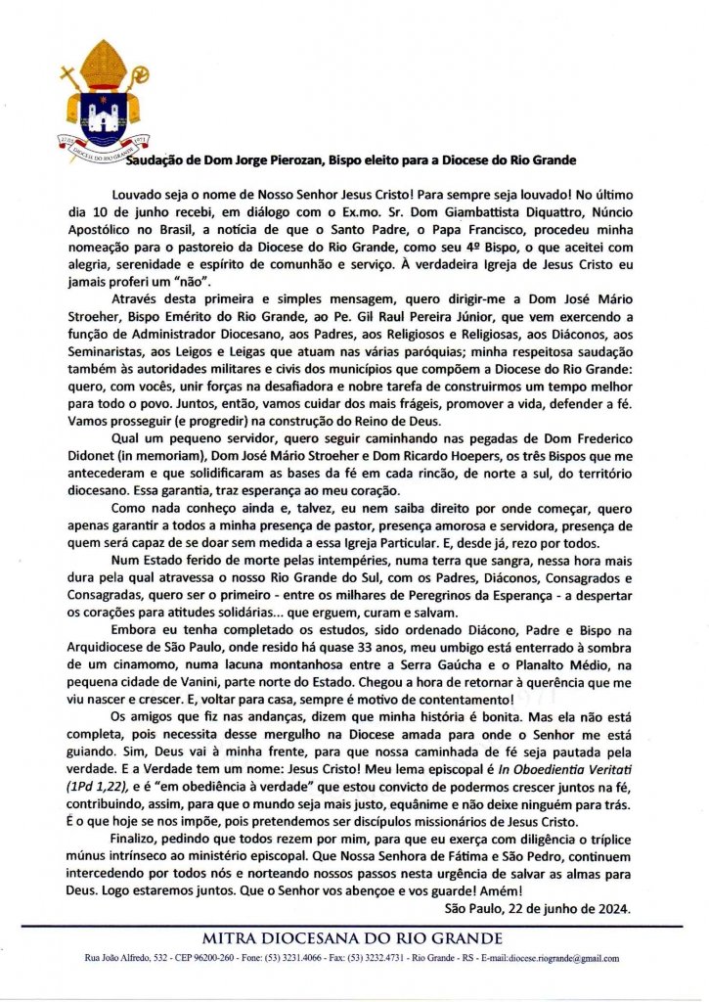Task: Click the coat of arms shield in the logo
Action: (102, 116)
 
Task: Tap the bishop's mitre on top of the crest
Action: (102, 64)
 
